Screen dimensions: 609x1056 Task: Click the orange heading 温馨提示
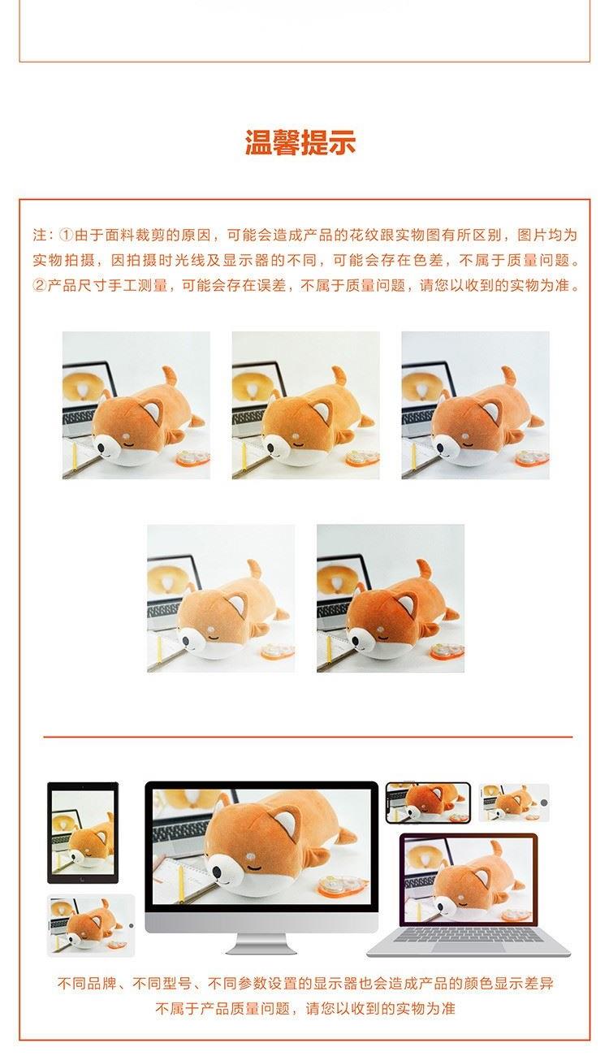pos(300,141)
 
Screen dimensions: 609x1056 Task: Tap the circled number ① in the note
pos(67,235)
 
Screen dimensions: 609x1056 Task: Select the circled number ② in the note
pos(40,285)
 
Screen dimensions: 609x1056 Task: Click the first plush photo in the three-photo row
pos(136,405)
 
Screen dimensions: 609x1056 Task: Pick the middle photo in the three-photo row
pos(306,405)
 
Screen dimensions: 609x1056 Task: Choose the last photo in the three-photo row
pos(476,405)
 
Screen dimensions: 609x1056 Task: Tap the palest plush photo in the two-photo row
pos(221,598)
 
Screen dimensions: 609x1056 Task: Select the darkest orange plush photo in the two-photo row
pos(391,598)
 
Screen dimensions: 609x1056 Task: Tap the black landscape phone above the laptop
pos(428,803)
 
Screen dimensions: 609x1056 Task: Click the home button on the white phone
pos(544,803)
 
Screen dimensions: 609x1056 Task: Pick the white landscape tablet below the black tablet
pos(91,925)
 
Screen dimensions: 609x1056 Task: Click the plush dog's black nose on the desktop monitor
pos(218,873)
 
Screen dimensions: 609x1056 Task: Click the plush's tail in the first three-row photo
pos(171,376)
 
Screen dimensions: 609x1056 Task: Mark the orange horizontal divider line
pos(308,736)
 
